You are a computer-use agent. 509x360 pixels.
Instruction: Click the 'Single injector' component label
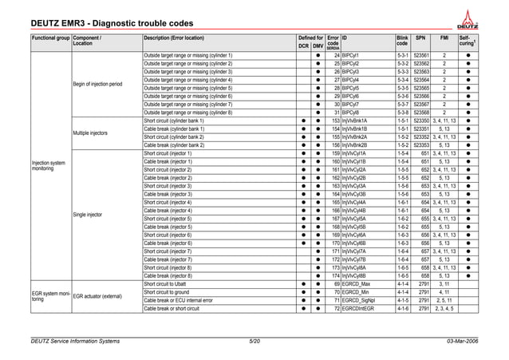[87, 214]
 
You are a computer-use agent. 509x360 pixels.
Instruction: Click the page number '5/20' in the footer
[254, 342]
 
